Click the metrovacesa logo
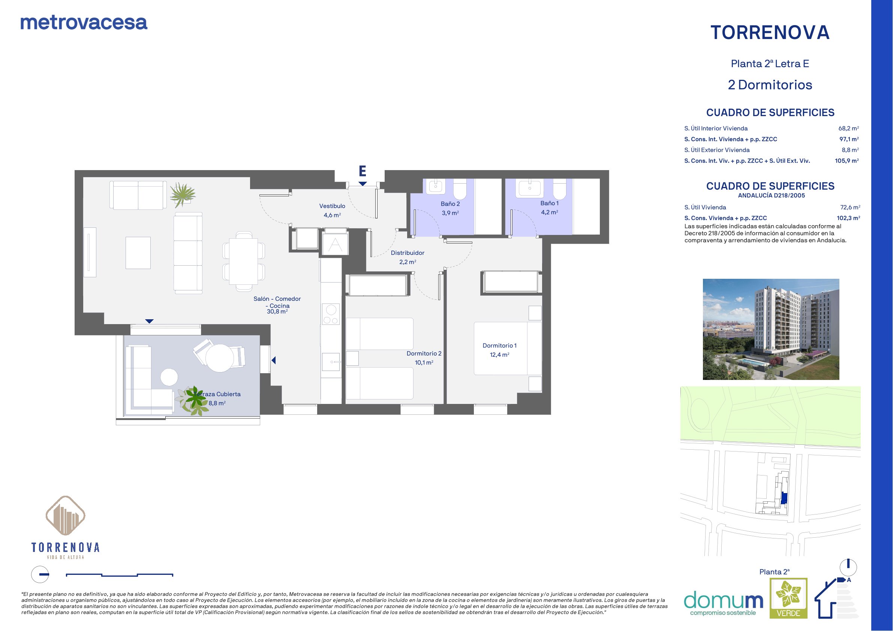pyautogui.click(x=84, y=22)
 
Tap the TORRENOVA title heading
pyautogui.click(x=770, y=33)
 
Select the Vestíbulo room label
pyautogui.click(x=332, y=206)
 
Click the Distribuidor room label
pyautogui.click(x=408, y=253)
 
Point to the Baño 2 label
pyautogui.click(x=450, y=204)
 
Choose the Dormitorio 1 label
pyautogui.click(x=499, y=345)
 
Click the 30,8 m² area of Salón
pyautogui.click(x=277, y=311)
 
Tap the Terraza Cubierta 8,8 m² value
pyautogui.click(x=217, y=403)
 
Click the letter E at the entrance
pyautogui.click(x=362, y=171)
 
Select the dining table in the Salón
pyautogui.click(x=244, y=261)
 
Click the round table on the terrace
pyautogui.click(x=220, y=358)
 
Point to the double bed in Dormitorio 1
pyautogui.click(x=508, y=348)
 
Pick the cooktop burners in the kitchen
pyautogui.click(x=331, y=314)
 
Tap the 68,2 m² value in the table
pyautogui.click(x=849, y=128)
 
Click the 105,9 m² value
pyautogui.click(x=847, y=161)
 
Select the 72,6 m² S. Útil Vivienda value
pyautogui.click(x=850, y=207)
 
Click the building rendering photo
pyautogui.click(x=771, y=329)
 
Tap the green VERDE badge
pyautogui.click(x=789, y=598)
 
